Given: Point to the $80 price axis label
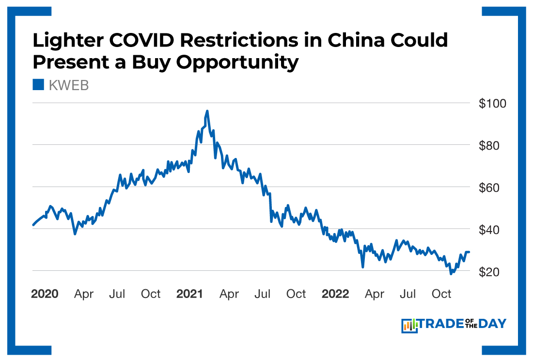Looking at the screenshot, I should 492,145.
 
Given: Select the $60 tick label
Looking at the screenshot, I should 492,188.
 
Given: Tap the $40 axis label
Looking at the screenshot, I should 492,229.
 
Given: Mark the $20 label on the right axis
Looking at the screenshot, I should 492,272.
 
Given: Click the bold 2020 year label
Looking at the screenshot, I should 45,294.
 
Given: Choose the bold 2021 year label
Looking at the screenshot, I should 190,294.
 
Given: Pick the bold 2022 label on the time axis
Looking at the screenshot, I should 335,294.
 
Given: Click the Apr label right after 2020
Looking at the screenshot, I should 84,294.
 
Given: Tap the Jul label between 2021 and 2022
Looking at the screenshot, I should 263,294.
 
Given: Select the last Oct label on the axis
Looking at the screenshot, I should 441,294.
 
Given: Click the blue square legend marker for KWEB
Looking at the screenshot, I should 38,85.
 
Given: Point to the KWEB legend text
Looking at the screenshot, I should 68,86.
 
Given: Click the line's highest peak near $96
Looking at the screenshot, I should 207,111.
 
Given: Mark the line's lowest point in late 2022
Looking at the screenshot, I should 451,274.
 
